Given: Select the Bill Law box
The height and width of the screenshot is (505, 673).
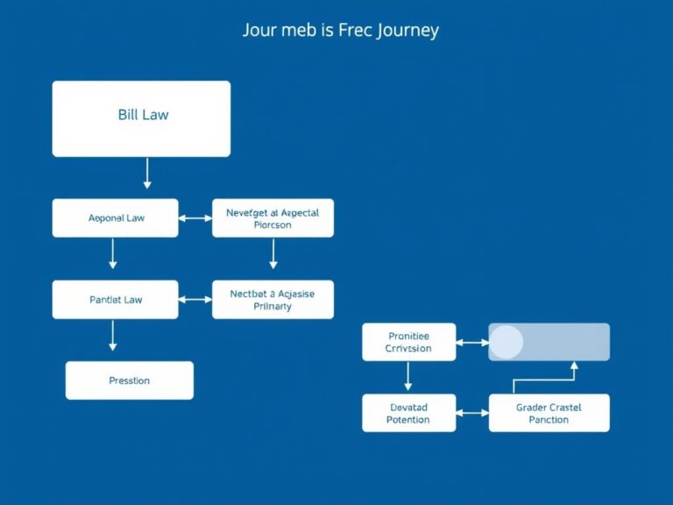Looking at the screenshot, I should click(x=141, y=118).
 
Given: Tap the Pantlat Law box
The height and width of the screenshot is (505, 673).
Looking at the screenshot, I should click(x=116, y=300).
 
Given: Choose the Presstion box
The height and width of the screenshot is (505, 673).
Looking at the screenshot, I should click(x=130, y=381).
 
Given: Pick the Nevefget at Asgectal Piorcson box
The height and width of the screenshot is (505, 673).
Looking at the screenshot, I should click(x=273, y=218).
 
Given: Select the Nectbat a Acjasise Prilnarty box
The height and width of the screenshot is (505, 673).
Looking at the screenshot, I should click(x=273, y=300).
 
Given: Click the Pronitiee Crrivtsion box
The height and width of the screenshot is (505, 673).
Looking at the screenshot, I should click(x=408, y=342).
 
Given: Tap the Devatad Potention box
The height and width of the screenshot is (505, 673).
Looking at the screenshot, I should click(x=408, y=413).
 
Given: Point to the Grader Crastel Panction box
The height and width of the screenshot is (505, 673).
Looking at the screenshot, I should click(x=549, y=413).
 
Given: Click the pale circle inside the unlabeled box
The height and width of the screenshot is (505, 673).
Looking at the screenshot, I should click(x=506, y=342).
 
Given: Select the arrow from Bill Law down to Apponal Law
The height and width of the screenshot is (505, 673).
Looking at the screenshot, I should click(x=147, y=174).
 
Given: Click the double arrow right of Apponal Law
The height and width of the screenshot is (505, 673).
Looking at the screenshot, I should click(x=195, y=217).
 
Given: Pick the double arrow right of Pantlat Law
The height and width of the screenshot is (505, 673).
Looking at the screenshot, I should click(x=195, y=300).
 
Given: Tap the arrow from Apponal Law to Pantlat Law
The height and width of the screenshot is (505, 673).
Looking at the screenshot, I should click(x=112, y=252).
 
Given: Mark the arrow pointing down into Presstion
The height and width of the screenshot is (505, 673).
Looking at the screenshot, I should click(x=112, y=336).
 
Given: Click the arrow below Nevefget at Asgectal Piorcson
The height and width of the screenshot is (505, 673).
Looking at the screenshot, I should click(x=273, y=252).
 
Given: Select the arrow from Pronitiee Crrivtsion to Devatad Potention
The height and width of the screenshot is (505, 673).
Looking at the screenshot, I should click(x=408, y=375).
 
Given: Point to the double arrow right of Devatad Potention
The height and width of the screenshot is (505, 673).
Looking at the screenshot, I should click(x=471, y=413).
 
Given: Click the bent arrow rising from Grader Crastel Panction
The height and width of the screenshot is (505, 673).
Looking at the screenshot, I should click(x=543, y=381).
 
